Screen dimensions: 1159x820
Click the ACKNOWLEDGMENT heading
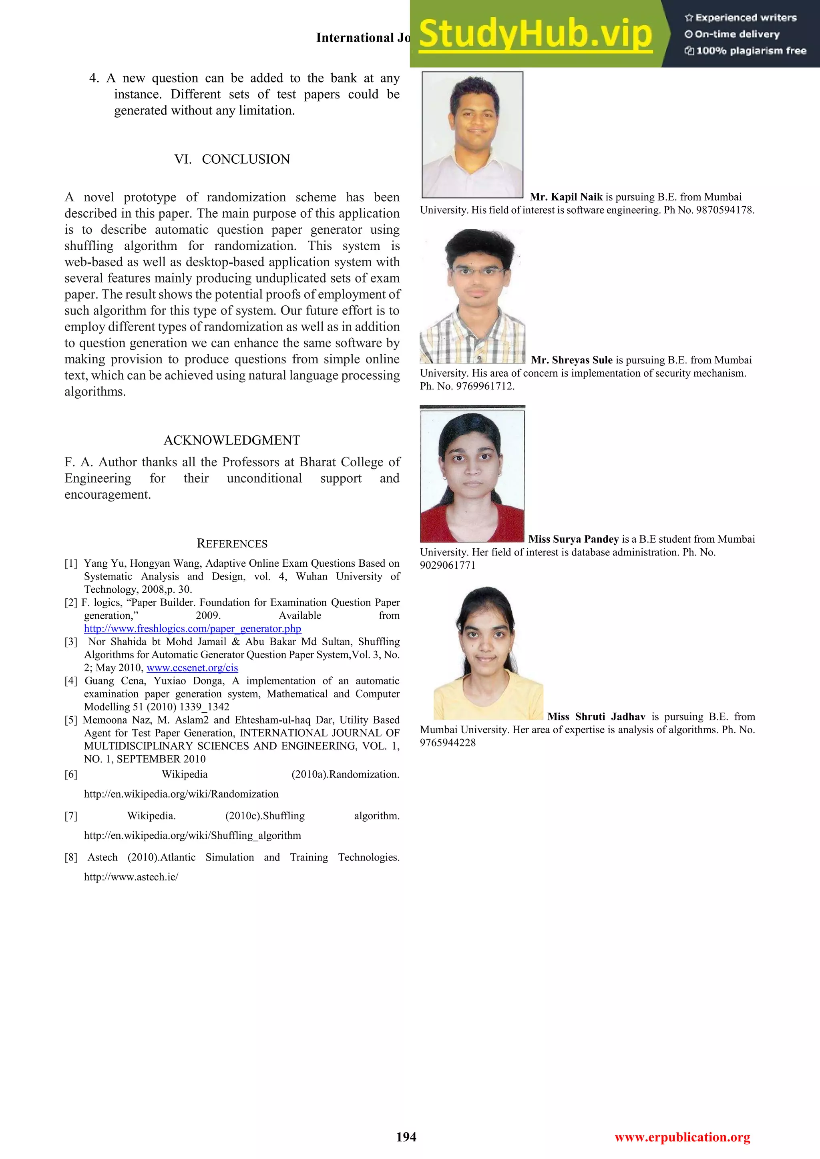232,440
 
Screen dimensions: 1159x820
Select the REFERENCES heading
232,543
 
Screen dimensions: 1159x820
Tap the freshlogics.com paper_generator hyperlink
192,628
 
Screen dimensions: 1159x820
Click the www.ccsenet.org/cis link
192,668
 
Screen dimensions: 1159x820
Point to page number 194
406,1137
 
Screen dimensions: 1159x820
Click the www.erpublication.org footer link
682,1137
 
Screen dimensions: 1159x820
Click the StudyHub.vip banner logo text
535,34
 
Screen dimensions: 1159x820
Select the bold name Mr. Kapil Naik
566,197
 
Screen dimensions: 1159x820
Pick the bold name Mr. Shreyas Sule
572,360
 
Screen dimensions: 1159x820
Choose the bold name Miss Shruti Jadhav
596,717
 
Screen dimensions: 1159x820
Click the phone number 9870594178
725,210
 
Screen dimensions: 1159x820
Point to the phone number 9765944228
448,742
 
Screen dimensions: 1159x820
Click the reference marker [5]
71,720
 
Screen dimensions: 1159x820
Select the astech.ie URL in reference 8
131,877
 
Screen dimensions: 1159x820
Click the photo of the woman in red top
472,476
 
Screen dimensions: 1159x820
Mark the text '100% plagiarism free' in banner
751,50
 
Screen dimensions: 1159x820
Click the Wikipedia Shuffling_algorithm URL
192,835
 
